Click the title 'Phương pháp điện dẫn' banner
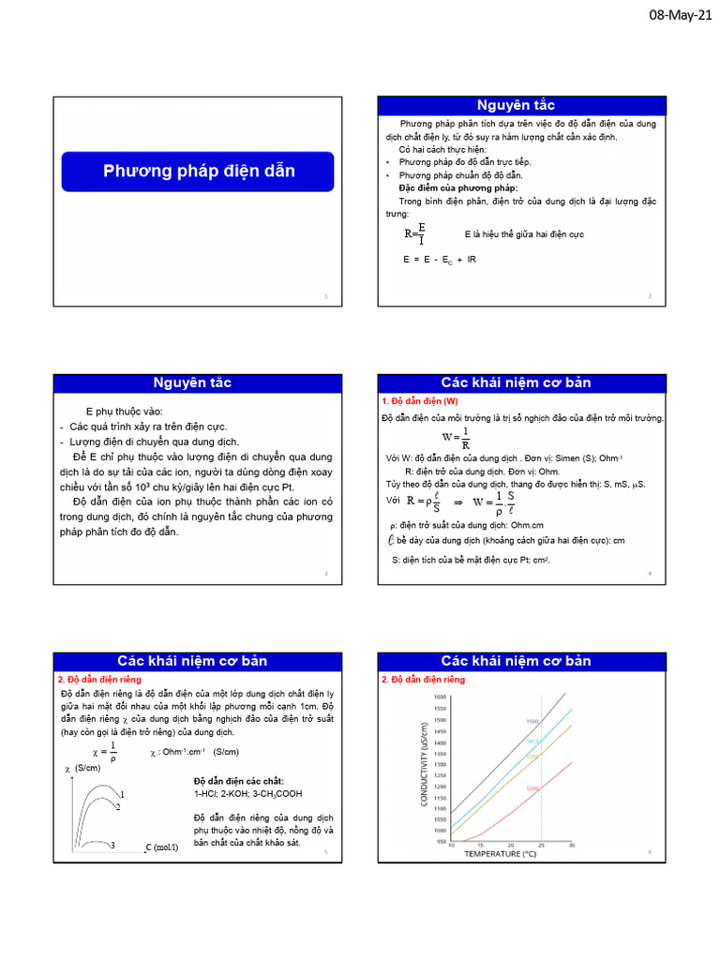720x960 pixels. [x=198, y=171]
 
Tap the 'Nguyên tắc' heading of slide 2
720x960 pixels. [x=517, y=105]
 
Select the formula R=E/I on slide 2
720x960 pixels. [x=415, y=233]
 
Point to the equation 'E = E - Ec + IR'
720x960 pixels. [x=439, y=259]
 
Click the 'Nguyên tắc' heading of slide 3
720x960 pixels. [x=192, y=383]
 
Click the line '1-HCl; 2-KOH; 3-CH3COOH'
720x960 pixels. [x=247, y=794]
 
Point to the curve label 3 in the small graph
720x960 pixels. [x=112, y=846]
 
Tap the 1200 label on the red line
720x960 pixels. [x=532, y=788]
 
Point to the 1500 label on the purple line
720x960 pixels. [x=531, y=721]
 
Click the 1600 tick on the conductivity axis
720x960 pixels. [x=440, y=697]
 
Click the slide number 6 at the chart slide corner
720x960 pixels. [x=649, y=851]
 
